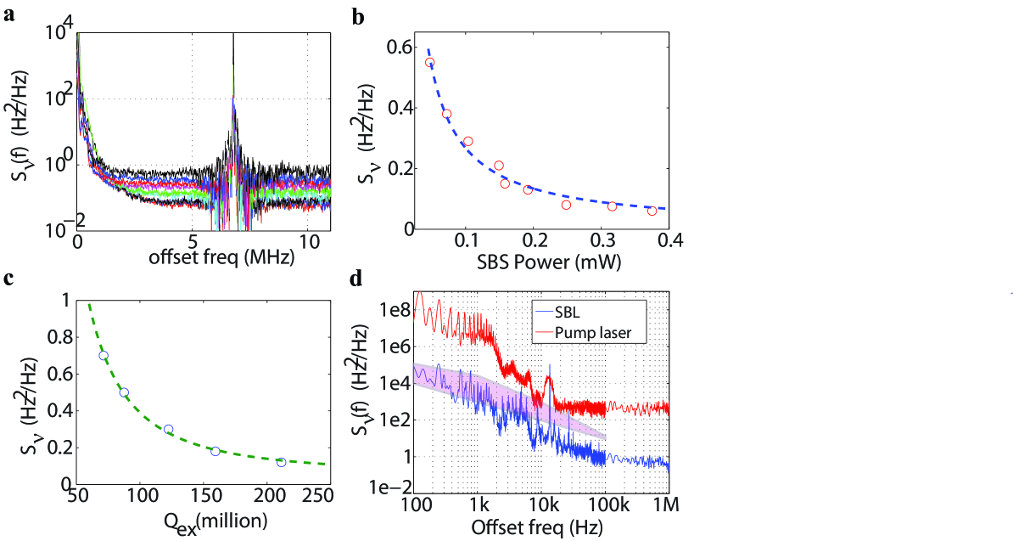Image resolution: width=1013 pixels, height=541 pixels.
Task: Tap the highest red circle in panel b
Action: pyautogui.click(x=430, y=63)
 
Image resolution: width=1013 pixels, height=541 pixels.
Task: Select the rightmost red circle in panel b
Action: pyautogui.click(x=652, y=211)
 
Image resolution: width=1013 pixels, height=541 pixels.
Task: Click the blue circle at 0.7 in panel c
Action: pyautogui.click(x=104, y=356)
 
